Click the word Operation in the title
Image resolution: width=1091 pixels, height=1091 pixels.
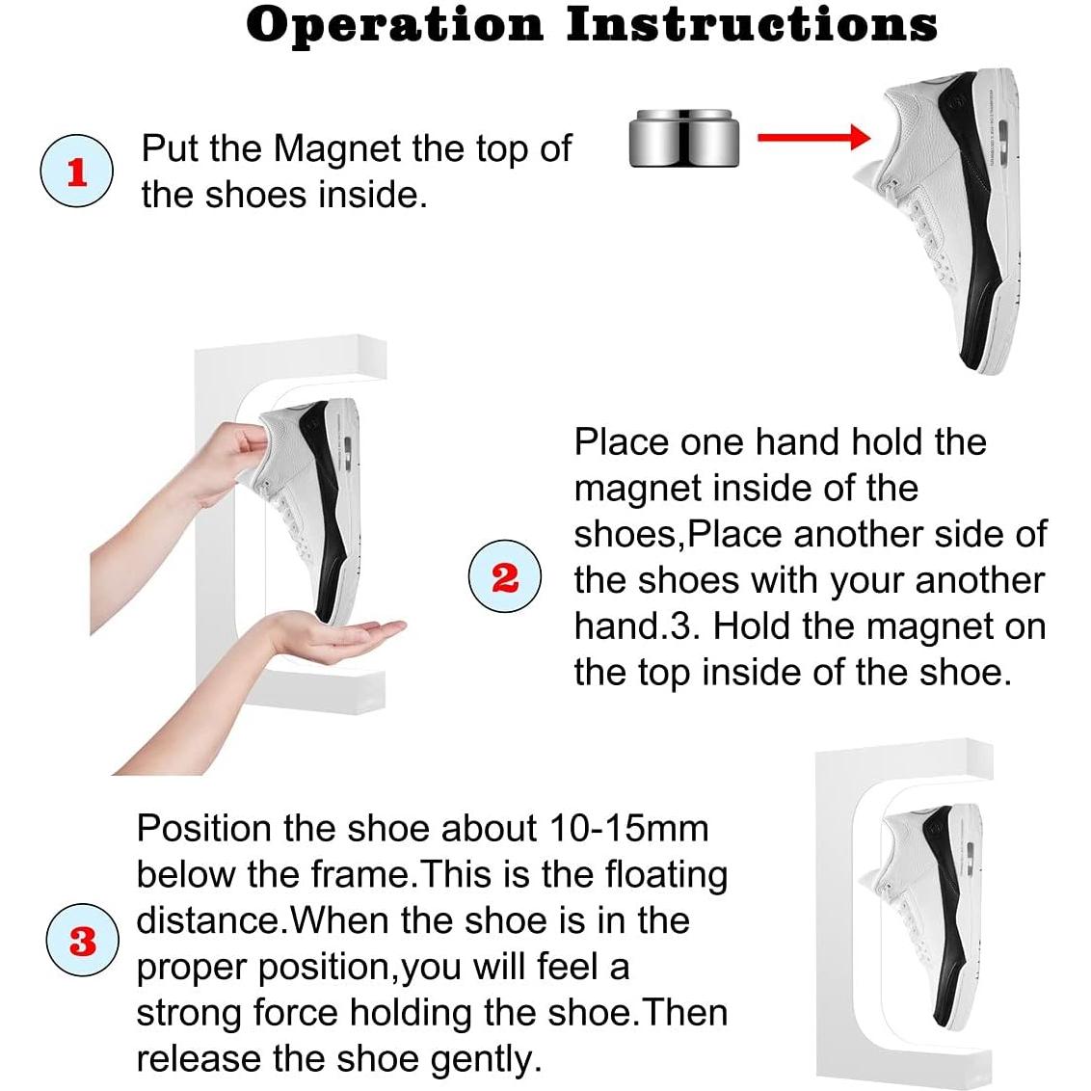394,26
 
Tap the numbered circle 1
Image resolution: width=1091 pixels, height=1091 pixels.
76,171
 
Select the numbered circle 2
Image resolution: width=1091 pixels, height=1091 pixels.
504,576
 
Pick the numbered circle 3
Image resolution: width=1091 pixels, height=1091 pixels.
82,940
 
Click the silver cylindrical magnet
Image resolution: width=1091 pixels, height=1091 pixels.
684,139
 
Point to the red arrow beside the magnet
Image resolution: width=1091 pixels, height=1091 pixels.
813,137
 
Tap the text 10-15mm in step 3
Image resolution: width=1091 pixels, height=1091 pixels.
628,828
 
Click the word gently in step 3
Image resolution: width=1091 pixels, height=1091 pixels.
485,1060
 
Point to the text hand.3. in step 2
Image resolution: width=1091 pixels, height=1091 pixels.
637,626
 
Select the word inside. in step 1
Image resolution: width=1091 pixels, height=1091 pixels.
372,195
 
